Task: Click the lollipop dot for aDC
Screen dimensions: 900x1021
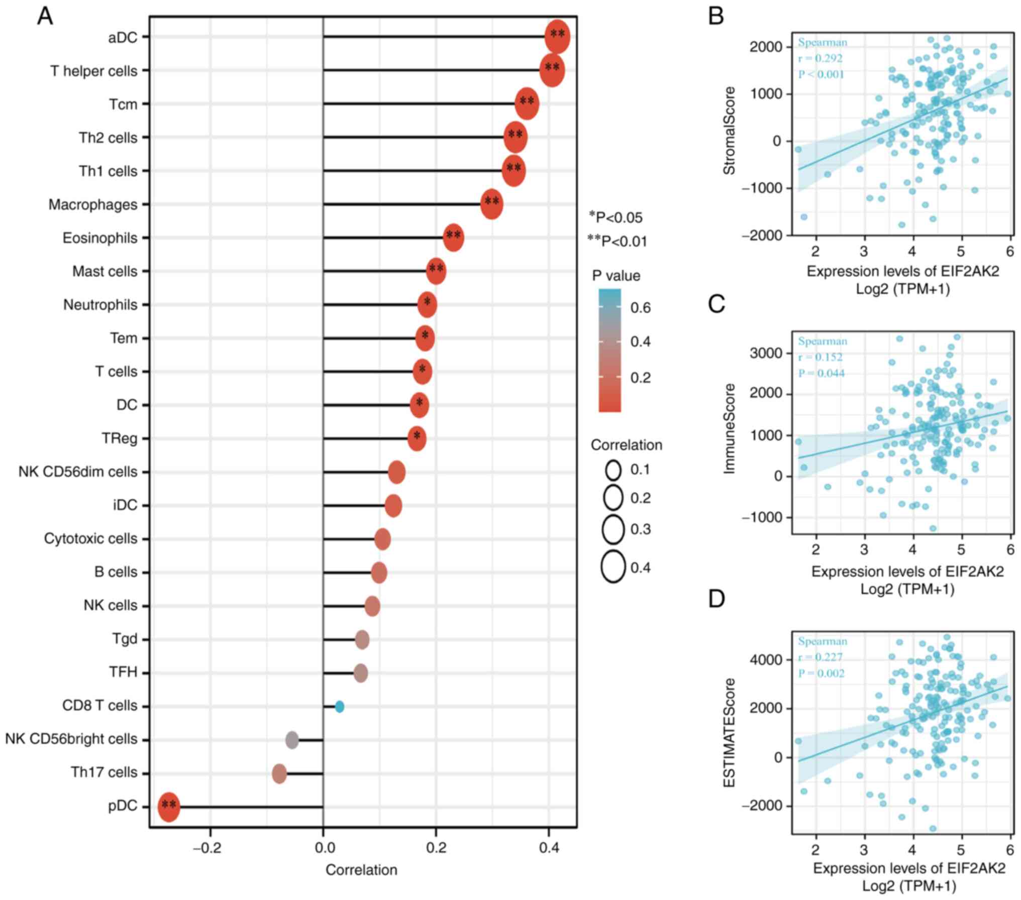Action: point(557,37)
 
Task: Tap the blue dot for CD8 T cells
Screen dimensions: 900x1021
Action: point(340,707)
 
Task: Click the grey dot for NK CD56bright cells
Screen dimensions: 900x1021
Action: point(292,740)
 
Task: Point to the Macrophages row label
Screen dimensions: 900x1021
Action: point(93,205)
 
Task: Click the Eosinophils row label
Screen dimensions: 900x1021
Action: point(100,238)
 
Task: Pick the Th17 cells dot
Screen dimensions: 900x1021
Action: point(279,773)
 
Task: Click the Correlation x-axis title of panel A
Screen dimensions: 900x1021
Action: point(361,870)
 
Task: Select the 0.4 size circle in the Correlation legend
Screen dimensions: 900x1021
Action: point(613,567)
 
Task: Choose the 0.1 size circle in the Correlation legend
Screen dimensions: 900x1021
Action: point(614,471)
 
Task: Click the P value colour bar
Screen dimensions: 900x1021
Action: point(609,351)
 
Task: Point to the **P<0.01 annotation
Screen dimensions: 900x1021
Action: point(618,242)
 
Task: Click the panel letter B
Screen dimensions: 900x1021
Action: point(716,17)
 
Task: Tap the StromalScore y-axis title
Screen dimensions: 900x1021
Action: point(729,131)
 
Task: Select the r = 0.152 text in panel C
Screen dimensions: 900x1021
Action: point(820,357)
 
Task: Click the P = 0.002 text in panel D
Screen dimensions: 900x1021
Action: point(822,673)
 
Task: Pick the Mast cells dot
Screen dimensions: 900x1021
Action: point(436,272)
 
